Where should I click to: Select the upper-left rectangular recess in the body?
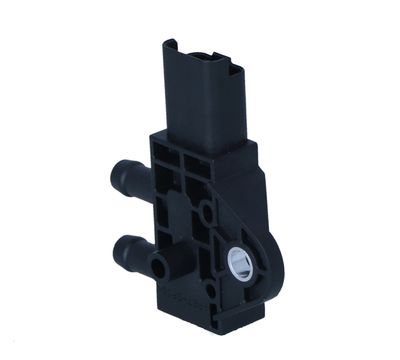pyautogui.click(x=167, y=161)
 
